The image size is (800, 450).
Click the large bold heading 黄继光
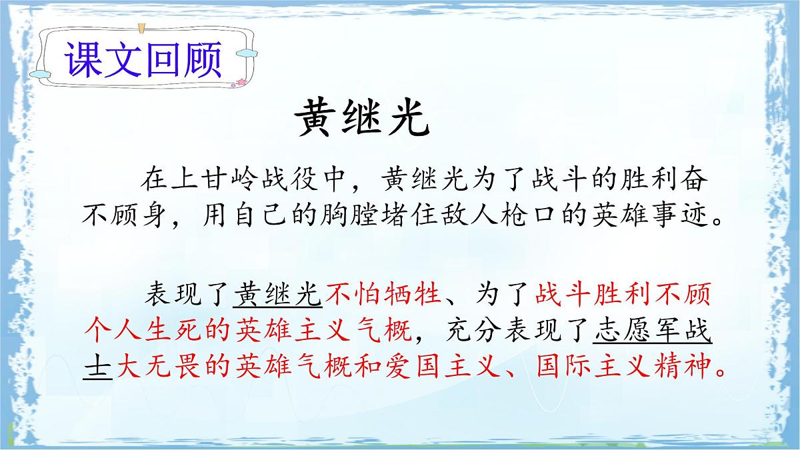361,119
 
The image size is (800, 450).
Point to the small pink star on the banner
240,83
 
